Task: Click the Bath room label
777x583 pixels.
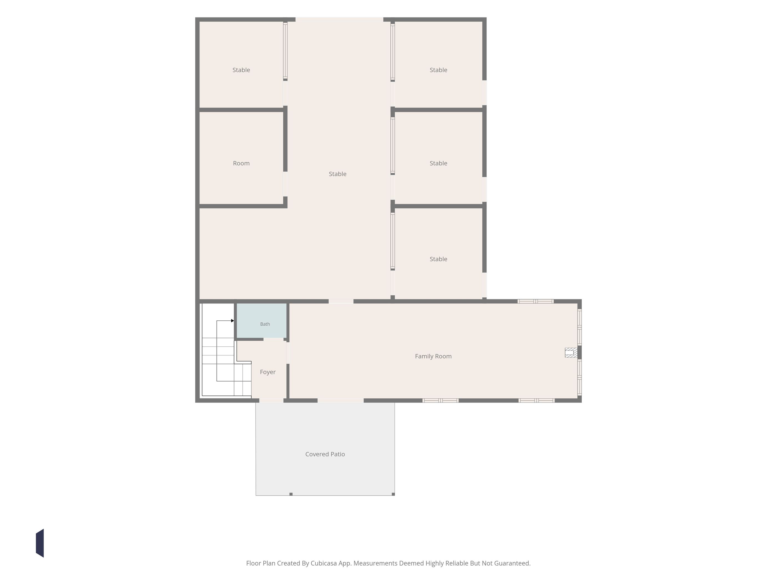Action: (x=265, y=324)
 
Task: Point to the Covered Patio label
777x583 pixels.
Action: (x=325, y=454)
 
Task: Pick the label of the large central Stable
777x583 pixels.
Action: (x=337, y=174)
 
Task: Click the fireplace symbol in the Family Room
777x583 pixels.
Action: (x=571, y=353)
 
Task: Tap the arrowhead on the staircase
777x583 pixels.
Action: (x=233, y=320)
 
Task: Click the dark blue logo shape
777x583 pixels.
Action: (x=40, y=543)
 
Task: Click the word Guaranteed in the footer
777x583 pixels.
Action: (x=512, y=563)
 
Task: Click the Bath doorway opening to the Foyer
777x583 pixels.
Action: (x=274, y=339)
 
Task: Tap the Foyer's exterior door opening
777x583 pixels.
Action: (x=271, y=401)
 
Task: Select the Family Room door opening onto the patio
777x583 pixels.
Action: (x=340, y=401)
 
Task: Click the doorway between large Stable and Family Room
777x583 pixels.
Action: (x=341, y=301)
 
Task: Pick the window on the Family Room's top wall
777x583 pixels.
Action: (x=536, y=301)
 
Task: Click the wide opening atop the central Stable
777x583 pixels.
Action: (x=339, y=19)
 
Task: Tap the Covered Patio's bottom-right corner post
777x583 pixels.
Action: (x=393, y=494)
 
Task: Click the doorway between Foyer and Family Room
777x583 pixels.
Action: (x=288, y=353)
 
